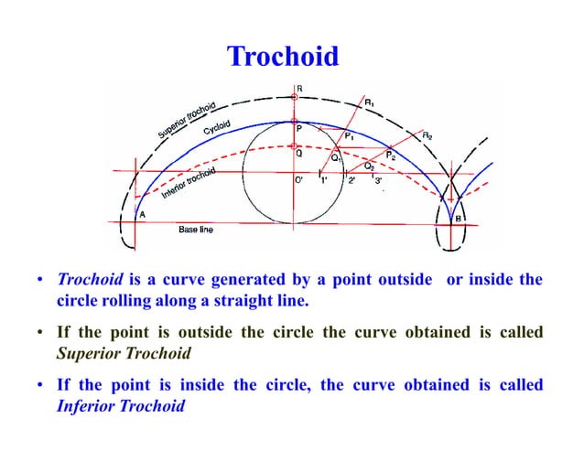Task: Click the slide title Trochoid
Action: (283, 57)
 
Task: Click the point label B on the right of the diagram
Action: (458, 220)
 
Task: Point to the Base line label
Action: (195, 230)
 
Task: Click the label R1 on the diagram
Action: (370, 103)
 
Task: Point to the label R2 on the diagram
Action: (427, 135)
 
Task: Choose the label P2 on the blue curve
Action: (391, 156)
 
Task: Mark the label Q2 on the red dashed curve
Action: (369, 166)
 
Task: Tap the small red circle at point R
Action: (293, 97)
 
